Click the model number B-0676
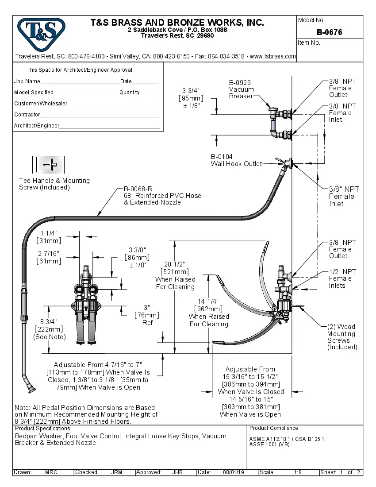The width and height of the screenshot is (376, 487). tap(329, 32)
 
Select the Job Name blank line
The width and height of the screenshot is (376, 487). tap(80, 82)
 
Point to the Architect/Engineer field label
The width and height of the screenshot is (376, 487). tap(36, 126)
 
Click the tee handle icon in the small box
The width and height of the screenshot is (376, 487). tap(49, 164)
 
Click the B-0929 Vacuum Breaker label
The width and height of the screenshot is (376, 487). tap(241, 89)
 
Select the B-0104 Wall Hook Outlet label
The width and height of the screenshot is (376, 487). tap(236, 160)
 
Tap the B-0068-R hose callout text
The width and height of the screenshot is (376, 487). tap(162, 196)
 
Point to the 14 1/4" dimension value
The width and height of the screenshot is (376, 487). tap(209, 301)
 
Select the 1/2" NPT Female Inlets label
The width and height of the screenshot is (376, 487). tap(342, 278)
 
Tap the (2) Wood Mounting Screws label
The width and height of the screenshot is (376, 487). tap(342, 337)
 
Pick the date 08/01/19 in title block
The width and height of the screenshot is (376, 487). tap(234, 472)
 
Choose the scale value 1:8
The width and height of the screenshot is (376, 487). tap(298, 472)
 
